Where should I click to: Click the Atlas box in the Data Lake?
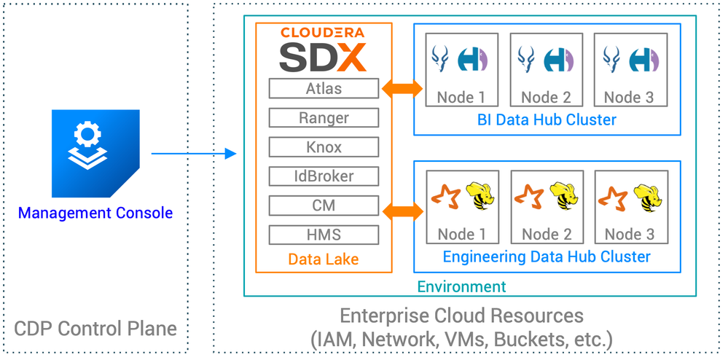[x=324, y=89]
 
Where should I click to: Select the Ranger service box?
[x=324, y=118]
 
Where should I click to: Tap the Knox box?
[x=324, y=147]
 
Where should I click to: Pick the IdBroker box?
[x=324, y=176]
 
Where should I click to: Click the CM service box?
[x=324, y=206]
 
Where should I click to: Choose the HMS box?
[x=324, y=235]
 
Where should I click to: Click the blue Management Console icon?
[x=95, y=153]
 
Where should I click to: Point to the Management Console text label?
[x=95, y=214]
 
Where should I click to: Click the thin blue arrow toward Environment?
[x=194, y=154]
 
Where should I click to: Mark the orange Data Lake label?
[x=323, y=259]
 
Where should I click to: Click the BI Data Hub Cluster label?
[x=547, y=120]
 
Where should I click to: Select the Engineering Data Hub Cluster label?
[x=547, y=257]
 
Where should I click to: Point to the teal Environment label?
[x=462, y=286]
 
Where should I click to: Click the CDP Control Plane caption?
[x=95, y=328]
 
